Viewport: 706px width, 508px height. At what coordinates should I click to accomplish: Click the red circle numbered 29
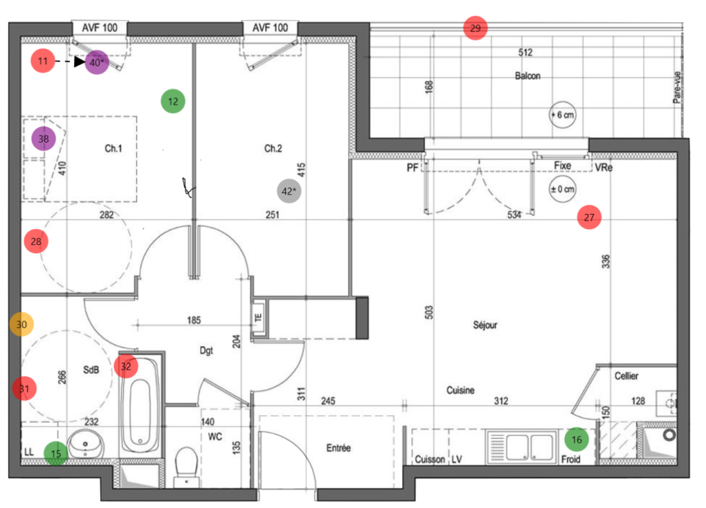click(475, 29)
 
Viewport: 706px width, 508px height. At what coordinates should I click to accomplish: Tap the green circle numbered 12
click(173, 102)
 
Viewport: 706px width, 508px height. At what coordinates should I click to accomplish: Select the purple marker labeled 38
click(44, 138)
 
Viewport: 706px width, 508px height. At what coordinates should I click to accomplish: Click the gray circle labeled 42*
click(289, 191)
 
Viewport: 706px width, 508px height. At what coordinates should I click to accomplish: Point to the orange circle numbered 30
click(22, 325)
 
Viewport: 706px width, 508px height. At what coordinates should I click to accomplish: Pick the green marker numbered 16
click(576, 439)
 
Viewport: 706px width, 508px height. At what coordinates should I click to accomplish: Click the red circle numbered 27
click(589, 217)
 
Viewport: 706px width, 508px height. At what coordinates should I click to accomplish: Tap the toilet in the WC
click(187, 464)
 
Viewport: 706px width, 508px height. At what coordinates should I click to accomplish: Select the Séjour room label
click(485, 325)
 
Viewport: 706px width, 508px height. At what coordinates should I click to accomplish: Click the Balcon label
click(527, 76)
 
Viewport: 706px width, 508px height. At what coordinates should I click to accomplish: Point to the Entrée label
click(338, 448)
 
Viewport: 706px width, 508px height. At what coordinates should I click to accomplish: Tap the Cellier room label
click(626, 376)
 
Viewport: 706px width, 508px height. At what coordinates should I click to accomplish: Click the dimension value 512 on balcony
click(525, 53)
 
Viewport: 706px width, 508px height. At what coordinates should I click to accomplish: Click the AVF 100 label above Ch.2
click(270, 28)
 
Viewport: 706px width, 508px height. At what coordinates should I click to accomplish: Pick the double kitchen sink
click(521, 447)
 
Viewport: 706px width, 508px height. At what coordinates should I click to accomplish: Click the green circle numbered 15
click(56, 453)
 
